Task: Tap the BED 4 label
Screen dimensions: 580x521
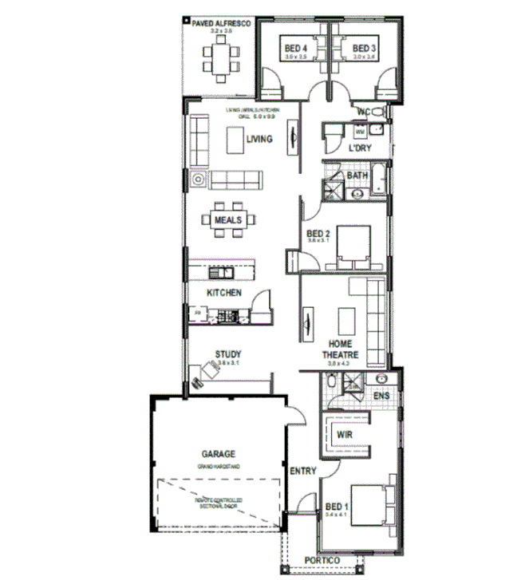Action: click(x=296, y=49)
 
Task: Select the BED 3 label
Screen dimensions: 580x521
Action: click(x=364, y=49)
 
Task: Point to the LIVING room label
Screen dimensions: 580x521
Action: click(x=259, y=139)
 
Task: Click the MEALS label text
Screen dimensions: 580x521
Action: click(x=227, y=219)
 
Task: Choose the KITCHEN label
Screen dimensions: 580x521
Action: click(x=224, y=294)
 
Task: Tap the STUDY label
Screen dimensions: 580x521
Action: click(x=228, y=354)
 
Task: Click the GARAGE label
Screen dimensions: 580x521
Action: click(x=218, y=454)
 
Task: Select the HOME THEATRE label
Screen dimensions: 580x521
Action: click(x=340, y=349)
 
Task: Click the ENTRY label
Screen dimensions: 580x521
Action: click(x=303, y=471)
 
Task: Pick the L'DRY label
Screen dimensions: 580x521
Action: click(x=361, y=149)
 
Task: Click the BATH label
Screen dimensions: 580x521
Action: click(x=357, y=175)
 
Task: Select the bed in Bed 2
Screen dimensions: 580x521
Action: click(x=352, y=243)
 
